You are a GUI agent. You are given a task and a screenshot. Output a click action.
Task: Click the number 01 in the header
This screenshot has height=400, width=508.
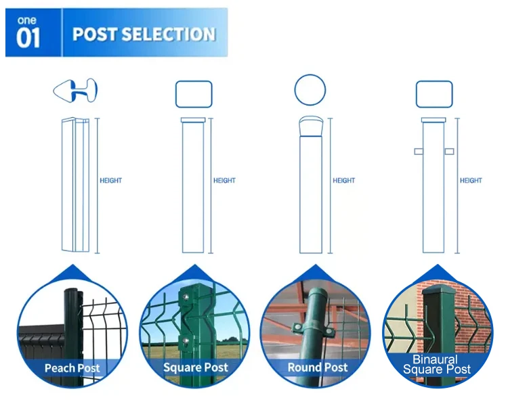[x=28, y=39]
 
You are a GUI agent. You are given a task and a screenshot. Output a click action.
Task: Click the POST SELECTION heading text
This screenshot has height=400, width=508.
[x=144, y=35]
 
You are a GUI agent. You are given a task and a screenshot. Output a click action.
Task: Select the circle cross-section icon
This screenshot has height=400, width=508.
[x=310, y=89]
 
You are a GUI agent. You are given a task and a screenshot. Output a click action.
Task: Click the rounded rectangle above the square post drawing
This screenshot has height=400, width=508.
[x=194, y=94]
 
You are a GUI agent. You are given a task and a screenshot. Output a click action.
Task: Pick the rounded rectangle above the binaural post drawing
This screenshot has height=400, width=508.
[x=433, y=94]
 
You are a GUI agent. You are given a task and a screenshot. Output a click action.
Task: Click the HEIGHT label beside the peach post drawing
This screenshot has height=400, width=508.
[x=110, y=181]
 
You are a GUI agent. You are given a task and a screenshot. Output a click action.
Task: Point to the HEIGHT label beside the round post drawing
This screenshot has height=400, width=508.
[x=343, y=181]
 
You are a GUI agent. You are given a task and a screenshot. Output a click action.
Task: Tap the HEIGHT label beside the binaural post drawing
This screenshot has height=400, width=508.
[x=471, y=181]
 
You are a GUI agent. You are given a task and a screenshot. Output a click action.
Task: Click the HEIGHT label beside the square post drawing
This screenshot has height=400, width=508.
[x=224, y=181]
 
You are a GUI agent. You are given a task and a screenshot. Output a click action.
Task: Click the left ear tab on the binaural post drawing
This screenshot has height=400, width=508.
[x=419, y=152]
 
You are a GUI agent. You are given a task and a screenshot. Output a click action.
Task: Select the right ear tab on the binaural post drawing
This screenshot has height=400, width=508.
[x=449, y=152]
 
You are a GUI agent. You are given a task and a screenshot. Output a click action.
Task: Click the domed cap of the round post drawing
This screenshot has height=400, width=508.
[x=311, y=127]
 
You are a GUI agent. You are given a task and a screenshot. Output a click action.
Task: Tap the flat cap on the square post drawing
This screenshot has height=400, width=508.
[x=194, y=120]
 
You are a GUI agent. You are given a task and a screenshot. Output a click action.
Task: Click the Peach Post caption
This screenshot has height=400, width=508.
[x=72, y=369]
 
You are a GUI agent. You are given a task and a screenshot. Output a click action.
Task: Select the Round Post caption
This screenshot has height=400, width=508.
[x=318, y=368]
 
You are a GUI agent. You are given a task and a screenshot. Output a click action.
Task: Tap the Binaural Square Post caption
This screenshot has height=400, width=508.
[x=437, y=365]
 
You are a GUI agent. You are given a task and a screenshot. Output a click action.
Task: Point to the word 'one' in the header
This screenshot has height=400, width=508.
[x=27, y=21]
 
